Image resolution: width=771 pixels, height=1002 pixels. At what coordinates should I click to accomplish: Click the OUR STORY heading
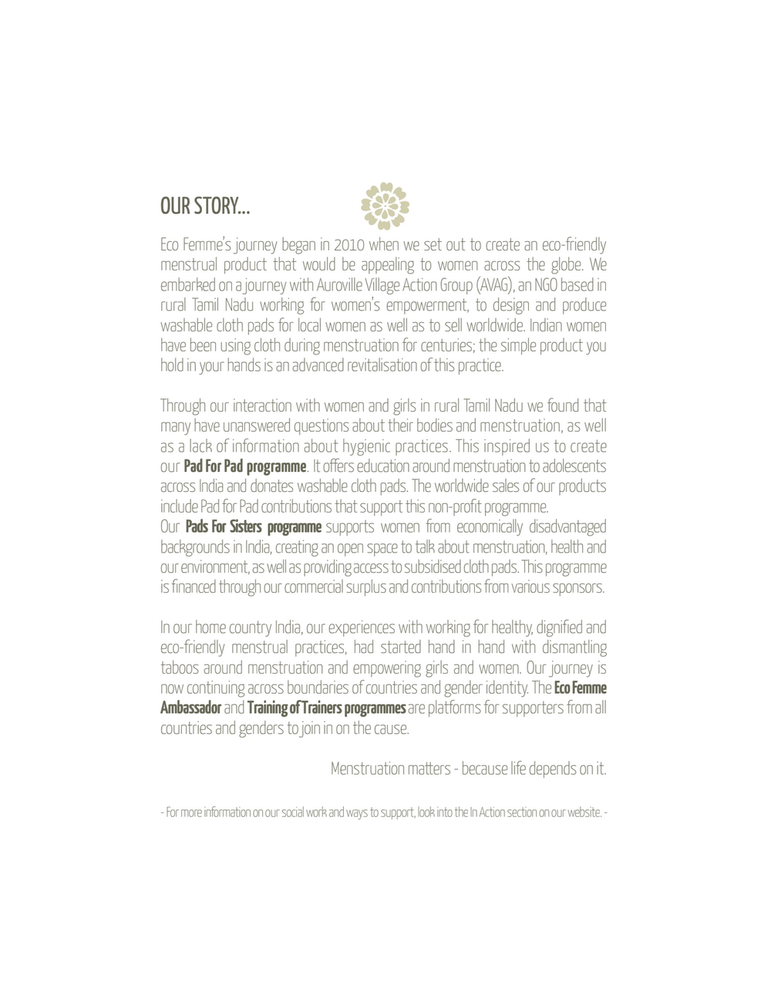click(x=205, y=206)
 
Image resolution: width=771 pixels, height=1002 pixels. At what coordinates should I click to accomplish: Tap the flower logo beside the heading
click(x=385, y=206)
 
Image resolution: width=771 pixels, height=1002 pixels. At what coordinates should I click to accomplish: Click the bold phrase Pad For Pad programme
click(x=245, y=466)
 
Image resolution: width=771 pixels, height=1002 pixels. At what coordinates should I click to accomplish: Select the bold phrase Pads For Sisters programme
click(x=253, y=527)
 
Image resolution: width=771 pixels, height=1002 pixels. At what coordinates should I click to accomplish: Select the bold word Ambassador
click(x=191, y=708)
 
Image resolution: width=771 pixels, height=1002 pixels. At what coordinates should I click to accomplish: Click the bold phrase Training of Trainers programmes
click(x=326, y=708)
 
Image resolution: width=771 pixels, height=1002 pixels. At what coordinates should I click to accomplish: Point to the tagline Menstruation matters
click(x=391, y=768)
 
